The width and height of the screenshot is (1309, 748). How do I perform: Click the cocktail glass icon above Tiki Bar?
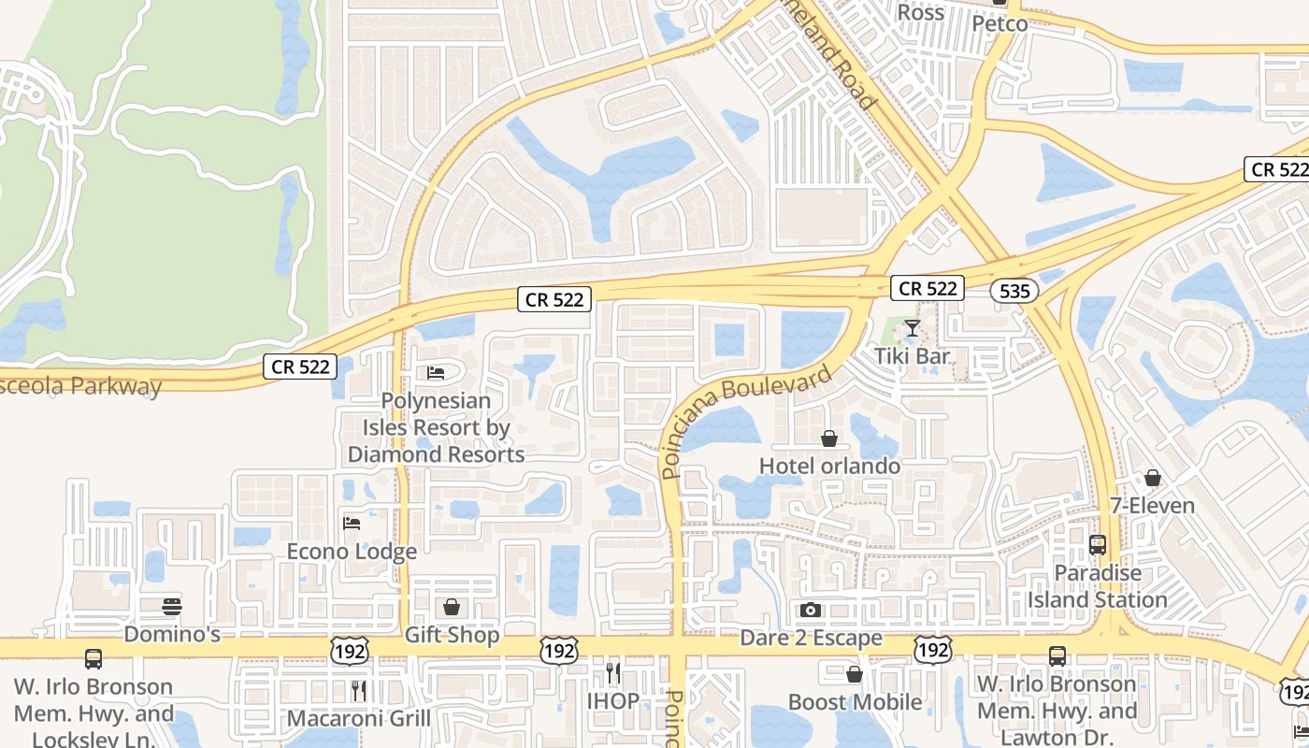912,328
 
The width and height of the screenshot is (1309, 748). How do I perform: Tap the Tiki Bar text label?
912,356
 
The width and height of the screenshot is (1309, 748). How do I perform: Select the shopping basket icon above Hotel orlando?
828,439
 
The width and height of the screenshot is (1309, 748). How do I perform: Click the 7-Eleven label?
1152,506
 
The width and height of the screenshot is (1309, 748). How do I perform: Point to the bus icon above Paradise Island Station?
1098,544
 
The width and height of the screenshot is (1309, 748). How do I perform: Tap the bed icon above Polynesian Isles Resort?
436,373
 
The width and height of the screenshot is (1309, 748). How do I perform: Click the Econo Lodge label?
352,552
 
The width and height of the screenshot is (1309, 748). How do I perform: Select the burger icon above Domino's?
171,607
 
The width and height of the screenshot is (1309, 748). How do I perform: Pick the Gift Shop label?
452,636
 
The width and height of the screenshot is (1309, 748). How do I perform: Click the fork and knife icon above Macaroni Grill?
359,691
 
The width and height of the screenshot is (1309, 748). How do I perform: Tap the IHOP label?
612,701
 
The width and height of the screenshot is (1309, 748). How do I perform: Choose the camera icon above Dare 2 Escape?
811,611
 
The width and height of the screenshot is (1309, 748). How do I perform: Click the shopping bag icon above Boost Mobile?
854,674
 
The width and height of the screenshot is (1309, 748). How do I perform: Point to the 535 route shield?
1014,292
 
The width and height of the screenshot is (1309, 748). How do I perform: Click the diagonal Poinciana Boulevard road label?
745,422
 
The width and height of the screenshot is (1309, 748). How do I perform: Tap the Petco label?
1000,23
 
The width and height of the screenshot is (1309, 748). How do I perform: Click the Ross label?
921,13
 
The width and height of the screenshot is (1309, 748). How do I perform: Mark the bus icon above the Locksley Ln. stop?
93,659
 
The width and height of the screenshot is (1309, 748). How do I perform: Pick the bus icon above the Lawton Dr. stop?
1057,656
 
